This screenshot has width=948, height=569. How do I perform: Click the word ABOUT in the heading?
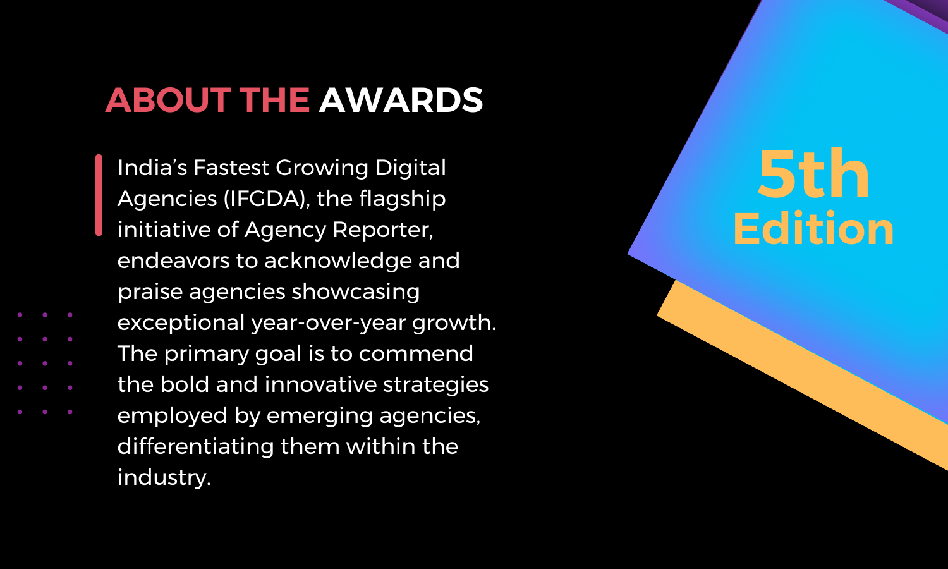point(168,100)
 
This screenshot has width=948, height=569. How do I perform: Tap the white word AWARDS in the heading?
point(401,100)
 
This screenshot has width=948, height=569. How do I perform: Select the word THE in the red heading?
point(275,100)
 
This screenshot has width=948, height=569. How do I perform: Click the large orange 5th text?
point(813,174)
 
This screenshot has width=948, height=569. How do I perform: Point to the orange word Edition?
point(813,228)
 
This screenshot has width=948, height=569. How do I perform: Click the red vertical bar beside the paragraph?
point(99,195)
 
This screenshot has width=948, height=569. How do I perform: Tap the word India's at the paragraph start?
point(152,168)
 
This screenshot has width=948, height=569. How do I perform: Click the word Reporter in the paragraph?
point(383,230)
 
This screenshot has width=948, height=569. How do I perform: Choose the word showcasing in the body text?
point(355,292)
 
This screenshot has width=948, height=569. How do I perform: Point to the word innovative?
point(320,384)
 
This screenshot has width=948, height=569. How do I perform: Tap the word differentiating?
point(195,446)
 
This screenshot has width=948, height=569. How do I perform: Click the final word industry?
point(164,478)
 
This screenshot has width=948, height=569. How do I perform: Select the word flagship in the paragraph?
point(403,199)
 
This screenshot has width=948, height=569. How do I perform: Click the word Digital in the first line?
point(411,168)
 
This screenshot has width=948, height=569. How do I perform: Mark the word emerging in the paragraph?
point(320,416)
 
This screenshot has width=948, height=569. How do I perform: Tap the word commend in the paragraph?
point(416,353)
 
